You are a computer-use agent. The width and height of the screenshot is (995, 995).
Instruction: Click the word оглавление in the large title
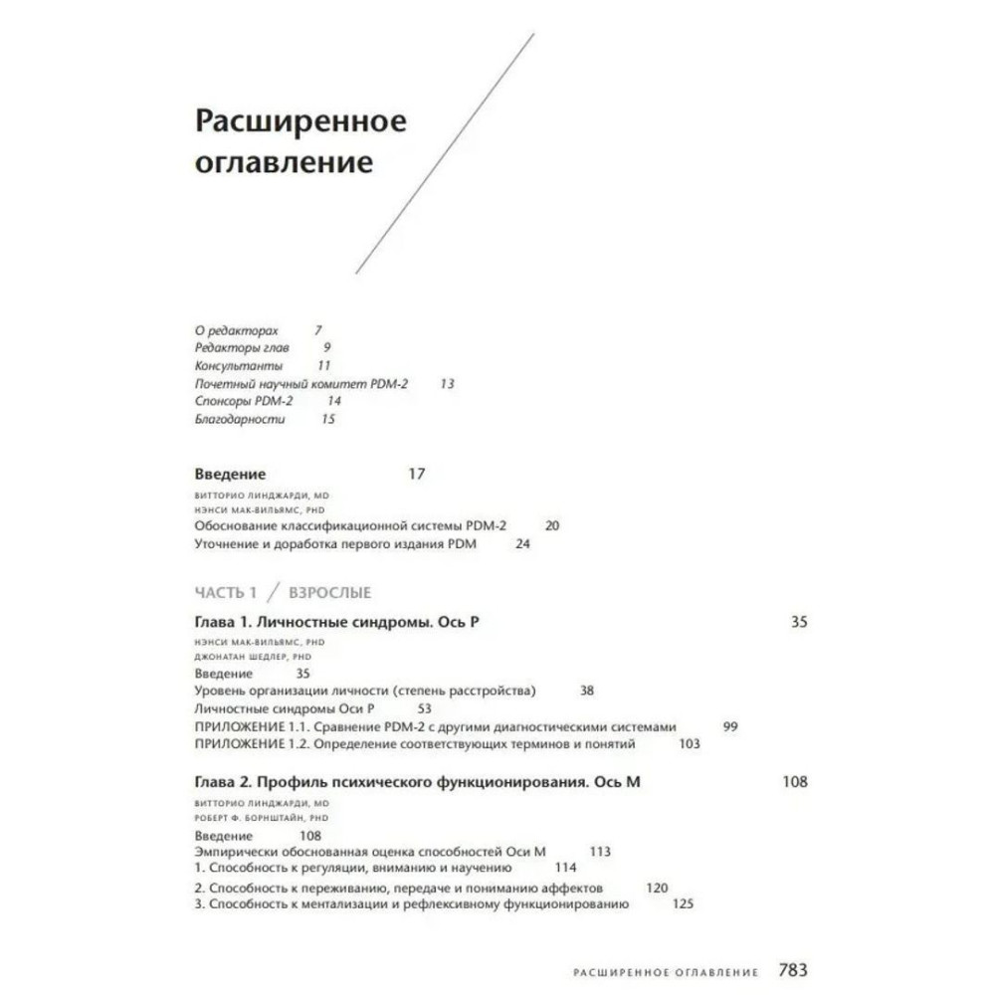(x=283, y=161)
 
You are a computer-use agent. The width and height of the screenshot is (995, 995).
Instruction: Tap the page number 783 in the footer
(x=792, y=970)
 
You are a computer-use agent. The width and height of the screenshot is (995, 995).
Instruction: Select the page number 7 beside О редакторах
(x=318, y=329)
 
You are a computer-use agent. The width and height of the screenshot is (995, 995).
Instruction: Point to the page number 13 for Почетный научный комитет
(x=447, y=383)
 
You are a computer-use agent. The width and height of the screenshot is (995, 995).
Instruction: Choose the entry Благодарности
(x=239, y=419)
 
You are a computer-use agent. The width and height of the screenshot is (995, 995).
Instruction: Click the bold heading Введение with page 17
(x=230, y=474)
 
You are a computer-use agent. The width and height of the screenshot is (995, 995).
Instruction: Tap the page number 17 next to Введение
(x=416, y=474)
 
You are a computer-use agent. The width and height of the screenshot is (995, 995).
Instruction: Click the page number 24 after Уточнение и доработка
(x=522, y=544)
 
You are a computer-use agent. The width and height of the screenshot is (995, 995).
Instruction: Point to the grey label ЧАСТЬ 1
(x=226, y=593)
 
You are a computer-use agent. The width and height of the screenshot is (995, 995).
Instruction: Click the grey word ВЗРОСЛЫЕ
(x=329, y=593)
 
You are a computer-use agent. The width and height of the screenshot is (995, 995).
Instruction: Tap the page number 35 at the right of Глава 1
(x=799, y=622)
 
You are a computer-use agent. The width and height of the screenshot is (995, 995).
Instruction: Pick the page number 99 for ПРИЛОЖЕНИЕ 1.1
(x=729, y=725)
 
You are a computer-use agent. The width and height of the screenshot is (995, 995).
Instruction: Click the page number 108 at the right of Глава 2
(x=795, y=782)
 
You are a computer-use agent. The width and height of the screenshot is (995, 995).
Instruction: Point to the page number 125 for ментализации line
(x=683, y=903)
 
